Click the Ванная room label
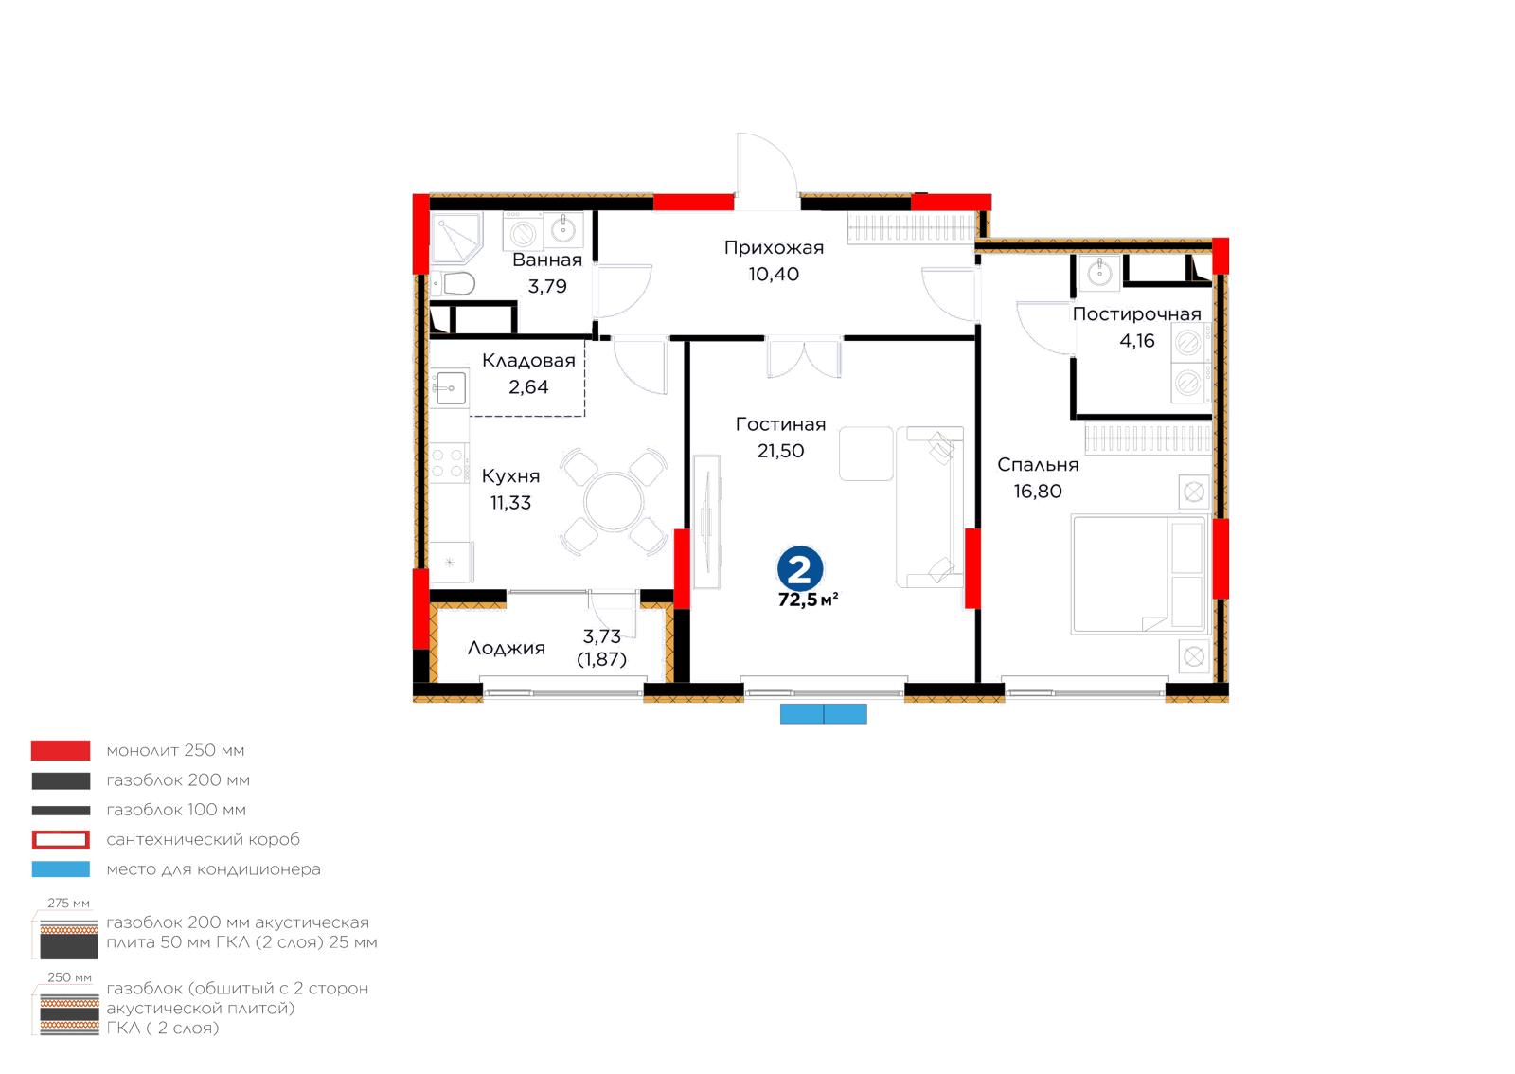pos(547,260)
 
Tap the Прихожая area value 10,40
pos(774,274)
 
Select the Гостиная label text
pos(780,424)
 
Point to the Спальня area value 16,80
pos(1038,491)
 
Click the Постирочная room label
pos(1137,313)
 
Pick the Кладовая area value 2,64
pos(528,386)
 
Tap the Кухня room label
pos(510,476)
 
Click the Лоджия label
pos(506,648)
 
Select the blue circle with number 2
pos(800,569)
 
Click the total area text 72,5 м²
pos(809,600)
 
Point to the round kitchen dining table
pos(614,502)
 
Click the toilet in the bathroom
pos(453,284)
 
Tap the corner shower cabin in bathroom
pos(456,238)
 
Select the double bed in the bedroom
pos(1139,575)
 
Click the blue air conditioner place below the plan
pos(823,713)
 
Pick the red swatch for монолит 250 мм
pos(61,750)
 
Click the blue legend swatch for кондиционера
pos(61,869)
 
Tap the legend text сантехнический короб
pos(203,839)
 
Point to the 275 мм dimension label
pos(68,903)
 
